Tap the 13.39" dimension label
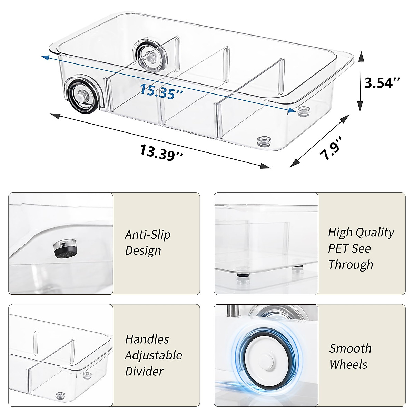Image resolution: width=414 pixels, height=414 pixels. (x=161, y=152)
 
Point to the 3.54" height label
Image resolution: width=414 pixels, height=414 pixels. (x=382, y=83)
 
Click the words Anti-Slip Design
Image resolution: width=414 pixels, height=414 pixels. (x=148, y=243)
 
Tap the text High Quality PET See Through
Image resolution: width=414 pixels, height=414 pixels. (x=361, y=248)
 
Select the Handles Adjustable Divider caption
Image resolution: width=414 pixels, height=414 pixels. (x=153, y=355)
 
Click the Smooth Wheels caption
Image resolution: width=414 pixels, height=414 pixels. (x=350, y=356)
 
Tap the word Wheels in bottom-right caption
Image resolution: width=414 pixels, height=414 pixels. (x=348, y=364)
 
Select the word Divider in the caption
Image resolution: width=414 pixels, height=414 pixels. (x=144, y=371)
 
